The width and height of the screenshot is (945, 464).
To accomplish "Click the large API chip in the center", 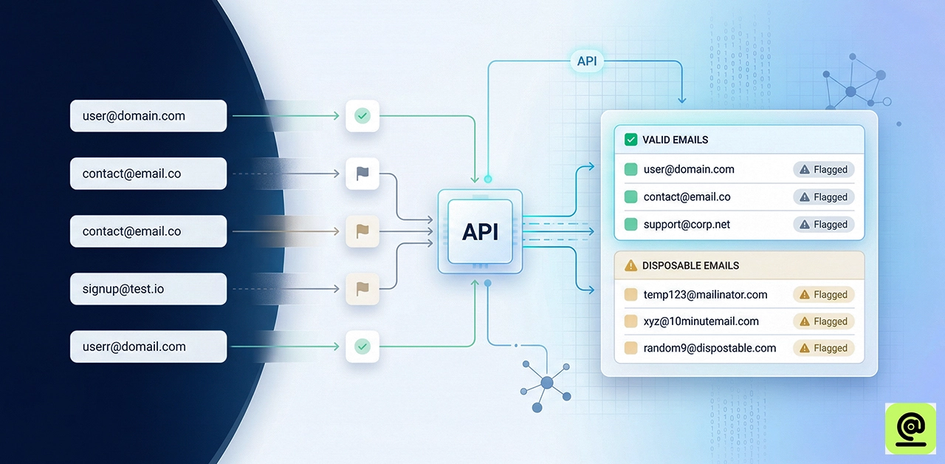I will pos(480,231).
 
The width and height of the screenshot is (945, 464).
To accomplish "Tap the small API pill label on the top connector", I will pos(587,61).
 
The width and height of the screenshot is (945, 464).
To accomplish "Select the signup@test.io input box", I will pos(148,289).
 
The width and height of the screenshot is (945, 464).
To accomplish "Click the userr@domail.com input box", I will pos(148,347).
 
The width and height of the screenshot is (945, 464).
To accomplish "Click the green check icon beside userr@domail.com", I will pos(362,346).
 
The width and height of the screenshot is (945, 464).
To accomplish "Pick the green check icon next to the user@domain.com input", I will pos(362,116).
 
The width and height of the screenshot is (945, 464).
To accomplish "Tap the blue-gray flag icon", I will pos(362,174).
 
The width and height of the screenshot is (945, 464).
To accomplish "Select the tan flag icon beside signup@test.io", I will pos(362,289).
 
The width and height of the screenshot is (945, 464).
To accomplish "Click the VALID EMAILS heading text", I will pos(675,140).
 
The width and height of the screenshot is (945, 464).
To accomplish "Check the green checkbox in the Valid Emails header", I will pos(630,140).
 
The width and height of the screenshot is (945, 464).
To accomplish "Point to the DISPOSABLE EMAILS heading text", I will pos(690,265).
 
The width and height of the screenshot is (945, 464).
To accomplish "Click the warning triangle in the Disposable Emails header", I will pos(630,265).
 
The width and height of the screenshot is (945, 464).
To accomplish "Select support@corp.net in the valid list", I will pos(687,225).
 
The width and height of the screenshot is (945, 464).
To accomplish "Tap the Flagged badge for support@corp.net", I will pos(824,225).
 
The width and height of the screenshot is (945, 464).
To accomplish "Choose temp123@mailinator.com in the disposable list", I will pos(705,295).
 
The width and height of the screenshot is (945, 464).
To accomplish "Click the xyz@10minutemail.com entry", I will pos(701,321).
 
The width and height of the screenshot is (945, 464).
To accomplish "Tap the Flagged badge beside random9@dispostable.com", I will pos(824,348).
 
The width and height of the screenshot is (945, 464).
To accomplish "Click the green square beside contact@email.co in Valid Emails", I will pos(630,197).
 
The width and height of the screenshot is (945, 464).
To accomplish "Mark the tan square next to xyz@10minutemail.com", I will pos(630,321).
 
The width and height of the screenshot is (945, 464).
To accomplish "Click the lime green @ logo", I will pos(910,428).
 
